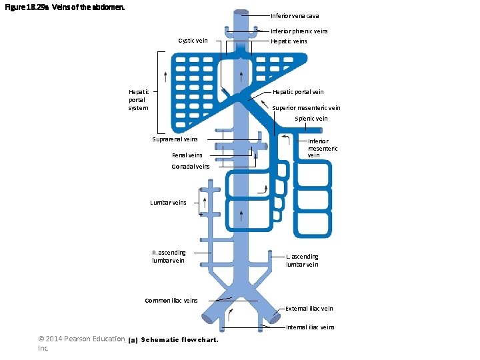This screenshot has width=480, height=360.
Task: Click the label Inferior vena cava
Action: click(x=295, y=16)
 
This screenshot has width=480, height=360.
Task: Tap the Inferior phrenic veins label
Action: click(x=299, y=31)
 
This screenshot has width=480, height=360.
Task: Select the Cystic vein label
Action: click(x=193, y=41)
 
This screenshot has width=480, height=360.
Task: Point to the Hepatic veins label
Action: click(x=289, y=41)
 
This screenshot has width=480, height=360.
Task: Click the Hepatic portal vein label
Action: click(x=298, y=92)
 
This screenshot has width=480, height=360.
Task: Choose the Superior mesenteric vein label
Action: click(x=306, y=108)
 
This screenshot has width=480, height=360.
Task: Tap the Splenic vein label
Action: click(x=311, y=119)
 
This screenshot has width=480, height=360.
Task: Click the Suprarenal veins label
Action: click(x=175, y=139)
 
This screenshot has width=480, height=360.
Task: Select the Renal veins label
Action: click(x=187, y=155)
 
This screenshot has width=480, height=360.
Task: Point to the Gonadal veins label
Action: click(x=190, y=167)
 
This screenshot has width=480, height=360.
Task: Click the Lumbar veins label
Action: click(x=168, y=202)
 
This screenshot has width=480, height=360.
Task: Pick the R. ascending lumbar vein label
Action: click(x=169, y=257)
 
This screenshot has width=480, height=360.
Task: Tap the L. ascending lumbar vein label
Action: click(x=302, y=261)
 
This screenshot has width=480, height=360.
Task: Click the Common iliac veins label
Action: click(x=171, y=301)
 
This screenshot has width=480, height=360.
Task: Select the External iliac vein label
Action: click(x=309, y=309)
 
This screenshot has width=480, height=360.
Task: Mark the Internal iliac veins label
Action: click(x=310, y=327)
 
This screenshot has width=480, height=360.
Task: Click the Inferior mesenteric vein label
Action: click(x=323, y=148)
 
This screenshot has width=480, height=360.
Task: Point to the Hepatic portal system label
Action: click(x=139, y=100)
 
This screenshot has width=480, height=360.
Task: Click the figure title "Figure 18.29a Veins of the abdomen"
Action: click(x=64, y=8)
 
